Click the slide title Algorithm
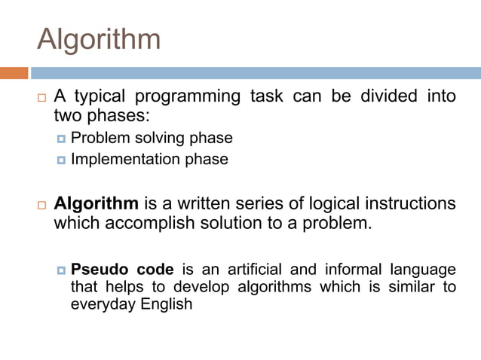coord(99,39)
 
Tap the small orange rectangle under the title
coord(14,73)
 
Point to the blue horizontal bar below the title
coord(256,73)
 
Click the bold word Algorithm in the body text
coord(97,204)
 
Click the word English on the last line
coord(166,304)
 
